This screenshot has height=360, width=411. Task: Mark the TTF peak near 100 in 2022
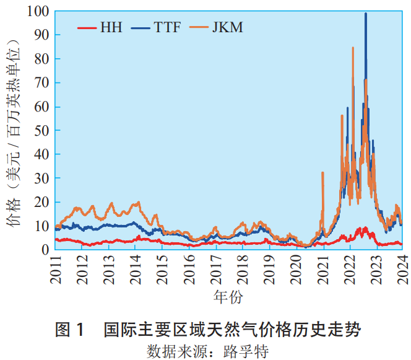coord(366,14)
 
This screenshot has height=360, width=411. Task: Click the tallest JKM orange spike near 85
coord(353,48)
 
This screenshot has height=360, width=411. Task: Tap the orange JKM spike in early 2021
coord(322,173)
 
